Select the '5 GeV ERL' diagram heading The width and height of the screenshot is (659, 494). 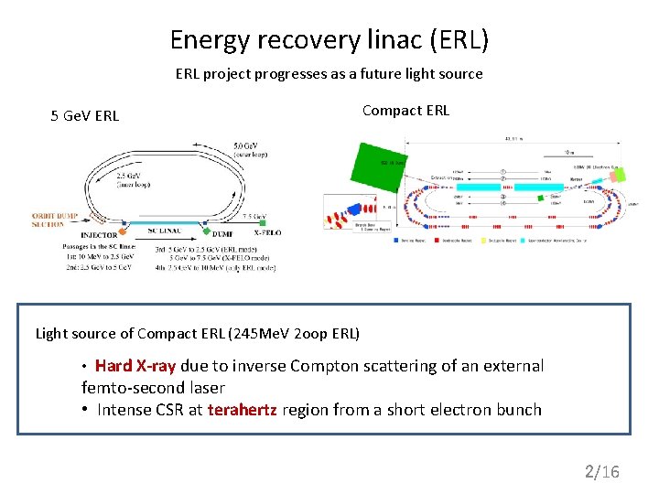[x=84, y=115]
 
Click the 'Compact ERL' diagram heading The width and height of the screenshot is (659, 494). [x=405, y=111]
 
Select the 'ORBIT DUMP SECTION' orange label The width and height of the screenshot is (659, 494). [x=54, y=220]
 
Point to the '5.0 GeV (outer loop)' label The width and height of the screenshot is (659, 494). [x=250, y=151]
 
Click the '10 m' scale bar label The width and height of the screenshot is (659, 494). [x=570, y=153]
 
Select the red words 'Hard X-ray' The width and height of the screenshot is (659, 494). [x=135, y=366]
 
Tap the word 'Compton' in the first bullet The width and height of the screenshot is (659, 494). [x=320, y=366]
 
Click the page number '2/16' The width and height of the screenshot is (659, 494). [x=602, y=472]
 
